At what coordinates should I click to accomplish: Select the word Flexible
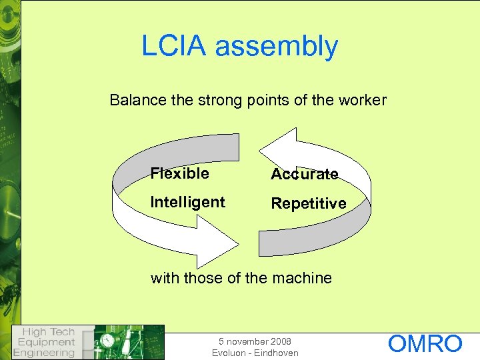(179, 174)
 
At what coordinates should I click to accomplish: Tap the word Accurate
(304, 175)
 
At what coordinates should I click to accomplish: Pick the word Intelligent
(188, 202)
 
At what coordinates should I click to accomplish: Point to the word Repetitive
(308, 203)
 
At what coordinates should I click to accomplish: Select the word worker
(362, 101)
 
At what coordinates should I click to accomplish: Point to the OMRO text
(425, 344)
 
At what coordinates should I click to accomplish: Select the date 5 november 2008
(255, 341)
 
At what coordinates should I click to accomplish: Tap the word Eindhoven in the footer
(276, 353)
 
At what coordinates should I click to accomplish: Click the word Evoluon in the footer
(230, 353)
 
